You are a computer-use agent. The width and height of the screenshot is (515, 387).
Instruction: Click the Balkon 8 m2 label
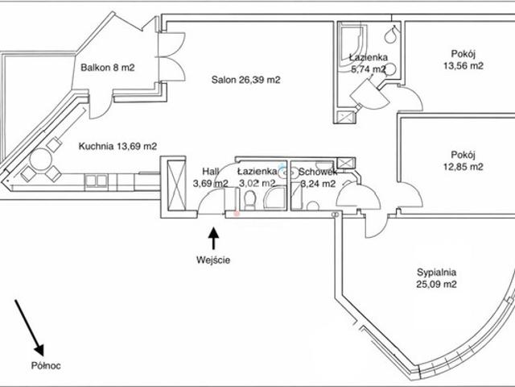click(x=108, y=68)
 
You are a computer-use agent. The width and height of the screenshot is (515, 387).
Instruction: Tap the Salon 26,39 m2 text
click(x=245, y=80)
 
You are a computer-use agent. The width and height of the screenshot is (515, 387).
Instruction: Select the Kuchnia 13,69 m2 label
click(x=117, y=146)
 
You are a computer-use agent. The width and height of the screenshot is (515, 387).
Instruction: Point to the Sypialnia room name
click(x=436, y=273)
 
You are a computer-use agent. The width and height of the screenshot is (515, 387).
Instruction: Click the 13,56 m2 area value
click(x=463, y=66)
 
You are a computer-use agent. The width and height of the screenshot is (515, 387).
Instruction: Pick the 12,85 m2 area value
click(x=463, y=167)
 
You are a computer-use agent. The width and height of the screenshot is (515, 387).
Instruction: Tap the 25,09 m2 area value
click(x=436, y=284)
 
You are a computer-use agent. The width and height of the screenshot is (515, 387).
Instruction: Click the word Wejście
click(x=213, y=260)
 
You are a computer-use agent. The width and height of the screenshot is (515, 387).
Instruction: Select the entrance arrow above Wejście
click(x=214, y=239)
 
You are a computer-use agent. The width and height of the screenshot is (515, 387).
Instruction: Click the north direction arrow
click(x=29, y=328)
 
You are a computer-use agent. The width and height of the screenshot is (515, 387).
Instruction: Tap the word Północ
click(x=46, y=365)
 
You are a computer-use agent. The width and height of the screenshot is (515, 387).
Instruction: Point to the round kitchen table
click(x=41, y=160)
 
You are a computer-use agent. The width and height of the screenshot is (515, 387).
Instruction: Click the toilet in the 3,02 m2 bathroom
click(x=250, y=201)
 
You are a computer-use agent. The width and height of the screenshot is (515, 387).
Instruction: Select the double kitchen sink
click(x=97, y=181)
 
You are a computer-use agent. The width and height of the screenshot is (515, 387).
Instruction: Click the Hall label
click(x=210, y=172)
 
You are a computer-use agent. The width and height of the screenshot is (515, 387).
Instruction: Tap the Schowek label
click(x=317, y=172)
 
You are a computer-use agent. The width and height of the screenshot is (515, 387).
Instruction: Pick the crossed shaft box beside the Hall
click(x=177, y=185)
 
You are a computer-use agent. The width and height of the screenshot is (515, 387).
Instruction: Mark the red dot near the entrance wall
click(x=237, y=214)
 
